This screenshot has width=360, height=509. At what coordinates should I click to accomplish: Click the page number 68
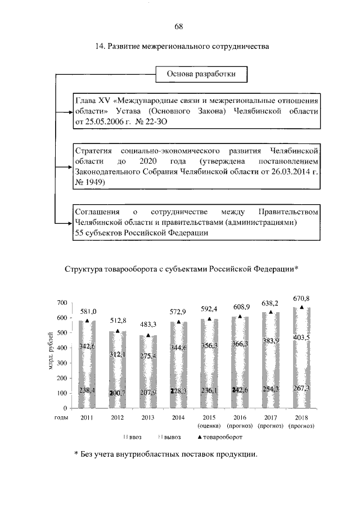pyautogui.click(x=179, y=26)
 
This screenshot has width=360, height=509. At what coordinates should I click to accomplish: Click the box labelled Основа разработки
pyautogui.click(x=201, y=74)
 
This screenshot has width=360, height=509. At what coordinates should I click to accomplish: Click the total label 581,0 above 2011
pyautogui.click(x=88, y=311)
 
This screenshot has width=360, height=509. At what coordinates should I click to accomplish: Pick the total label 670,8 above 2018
pyautogui.click(x=301, y=298)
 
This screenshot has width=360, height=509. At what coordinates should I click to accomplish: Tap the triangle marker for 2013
pyautogui.click(x=148, y=335)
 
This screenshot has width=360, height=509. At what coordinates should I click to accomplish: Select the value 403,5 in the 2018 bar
pyautogui.click(x=302, y=337)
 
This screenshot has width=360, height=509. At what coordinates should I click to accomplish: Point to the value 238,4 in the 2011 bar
pyautogui.click(x=87, y=389)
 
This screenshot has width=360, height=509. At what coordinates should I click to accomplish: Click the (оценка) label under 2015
pyautogui.click(x=209, y=425)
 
